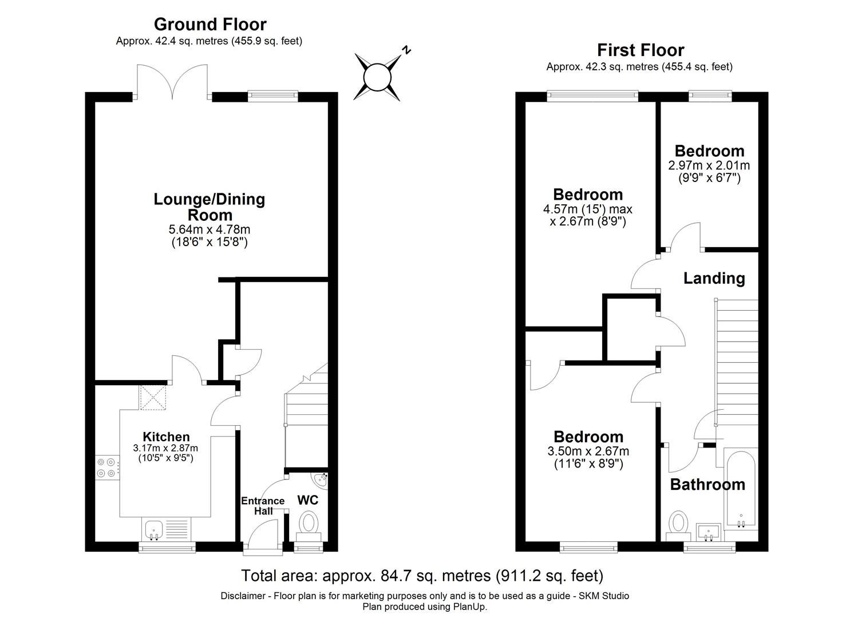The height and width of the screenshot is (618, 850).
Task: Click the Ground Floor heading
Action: (x=210, y=25)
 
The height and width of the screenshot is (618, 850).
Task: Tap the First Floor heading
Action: (x=641, y=50)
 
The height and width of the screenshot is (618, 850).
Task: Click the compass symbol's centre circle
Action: (x=377, y=77)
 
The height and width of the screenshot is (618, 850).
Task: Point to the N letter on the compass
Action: (x=406, y=50)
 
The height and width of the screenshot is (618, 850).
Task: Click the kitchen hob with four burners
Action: (x=106, y=468)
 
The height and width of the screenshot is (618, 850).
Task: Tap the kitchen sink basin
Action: (x=153, y=529)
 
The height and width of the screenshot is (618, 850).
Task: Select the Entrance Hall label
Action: (x=263, y=506)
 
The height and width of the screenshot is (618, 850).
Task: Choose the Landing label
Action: (x=714, y=279)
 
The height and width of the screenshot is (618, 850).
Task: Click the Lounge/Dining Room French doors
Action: (x=173, y=82)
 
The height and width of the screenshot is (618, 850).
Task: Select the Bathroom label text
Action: (x=707, y=485)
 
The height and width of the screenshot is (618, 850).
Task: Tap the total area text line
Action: (x=422, y=576)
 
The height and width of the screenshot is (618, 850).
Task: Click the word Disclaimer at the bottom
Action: (x=243, y=596)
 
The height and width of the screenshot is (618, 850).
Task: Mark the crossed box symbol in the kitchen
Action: (x=153, y=397)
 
